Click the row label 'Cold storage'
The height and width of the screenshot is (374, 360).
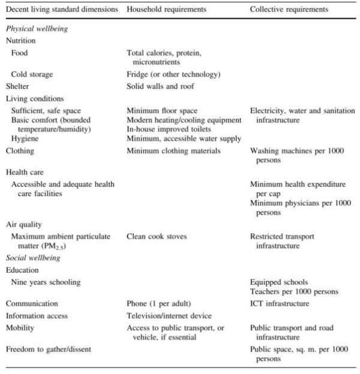click(x=32, y=74)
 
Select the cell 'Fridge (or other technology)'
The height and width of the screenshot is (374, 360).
click(x=170, y=74)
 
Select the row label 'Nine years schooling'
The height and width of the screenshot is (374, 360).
click(x=46, y=282)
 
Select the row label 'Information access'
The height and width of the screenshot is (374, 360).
click(x=37, y=316)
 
